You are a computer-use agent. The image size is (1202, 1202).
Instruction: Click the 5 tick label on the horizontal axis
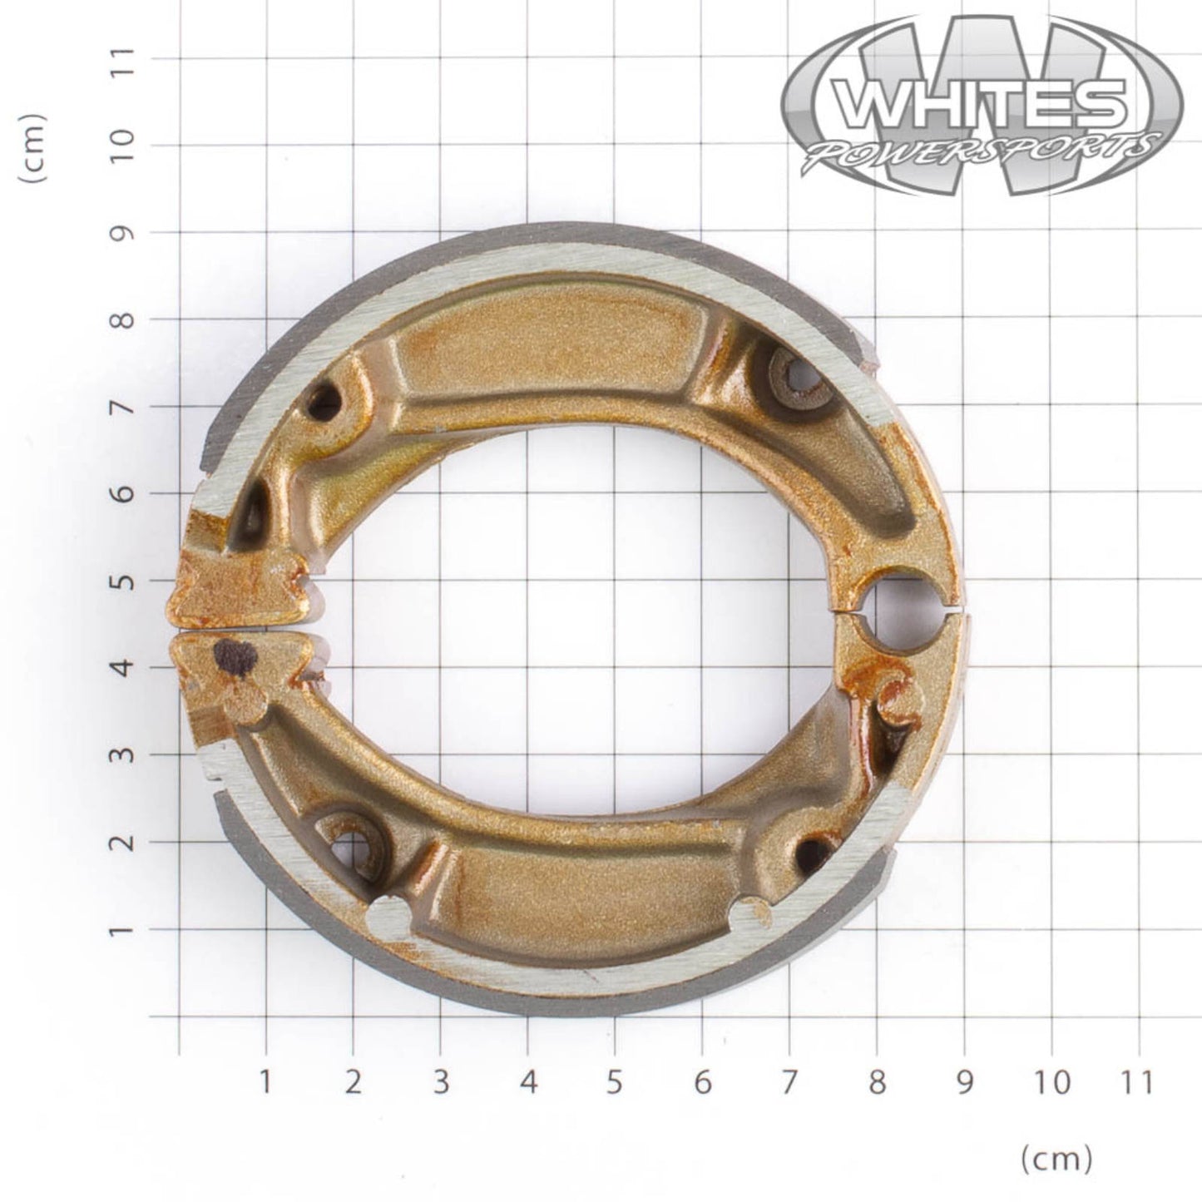pyautogui.click(x=614, y=1082)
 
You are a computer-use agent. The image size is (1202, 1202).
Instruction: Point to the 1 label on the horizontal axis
pyautogui.click(x=265, y=1082)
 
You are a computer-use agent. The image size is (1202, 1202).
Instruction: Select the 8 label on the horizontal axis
pyautogui.click(x=876, y=1082)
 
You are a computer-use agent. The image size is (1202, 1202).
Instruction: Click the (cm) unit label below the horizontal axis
pyautogui.click(x=1056, y=1157)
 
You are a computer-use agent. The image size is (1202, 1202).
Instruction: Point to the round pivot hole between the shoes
pyautogui.click(x=902, y=611)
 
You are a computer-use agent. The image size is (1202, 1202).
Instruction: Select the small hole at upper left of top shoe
pyautogui.click(x=324, y=403)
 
